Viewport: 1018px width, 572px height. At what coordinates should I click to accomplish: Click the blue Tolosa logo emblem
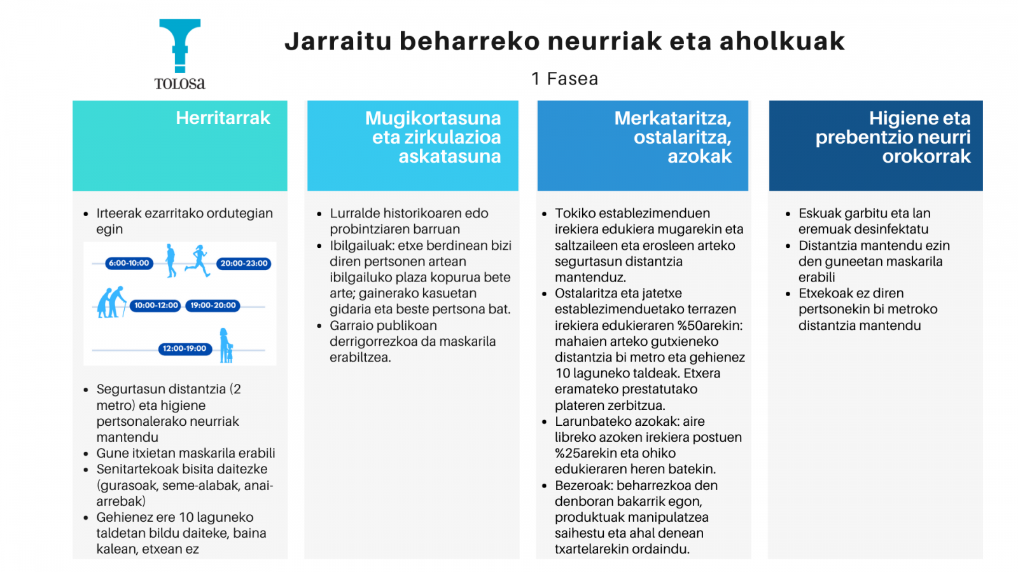point(180,45)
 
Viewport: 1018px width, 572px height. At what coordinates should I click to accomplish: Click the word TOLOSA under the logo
point(180,84)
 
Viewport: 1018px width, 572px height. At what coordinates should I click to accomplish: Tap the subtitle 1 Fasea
point(565,79)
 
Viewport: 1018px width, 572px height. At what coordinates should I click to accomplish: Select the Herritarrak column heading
point(223,118)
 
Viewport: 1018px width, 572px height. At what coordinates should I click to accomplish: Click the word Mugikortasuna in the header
point(433,118)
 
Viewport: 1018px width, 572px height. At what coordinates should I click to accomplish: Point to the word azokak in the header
point(699,156)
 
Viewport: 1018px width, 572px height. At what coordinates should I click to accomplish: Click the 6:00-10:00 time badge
point(129,263)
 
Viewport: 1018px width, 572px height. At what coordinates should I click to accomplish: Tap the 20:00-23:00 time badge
point(244,264)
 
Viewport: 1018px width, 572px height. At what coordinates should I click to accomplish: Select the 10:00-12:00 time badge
point(155,306)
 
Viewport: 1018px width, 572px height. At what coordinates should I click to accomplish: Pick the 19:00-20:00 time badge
point(213,306)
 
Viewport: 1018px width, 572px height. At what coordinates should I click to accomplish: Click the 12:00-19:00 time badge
point(185,349)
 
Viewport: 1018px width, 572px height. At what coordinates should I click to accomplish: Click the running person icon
point(198,261)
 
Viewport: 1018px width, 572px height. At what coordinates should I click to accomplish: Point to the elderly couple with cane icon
point(112,302)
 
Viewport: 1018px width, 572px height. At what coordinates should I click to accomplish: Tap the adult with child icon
point(226,346)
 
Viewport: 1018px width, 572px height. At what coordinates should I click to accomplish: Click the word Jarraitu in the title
point(338,41)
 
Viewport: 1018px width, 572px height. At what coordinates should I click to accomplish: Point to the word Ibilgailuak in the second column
point(362,245)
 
